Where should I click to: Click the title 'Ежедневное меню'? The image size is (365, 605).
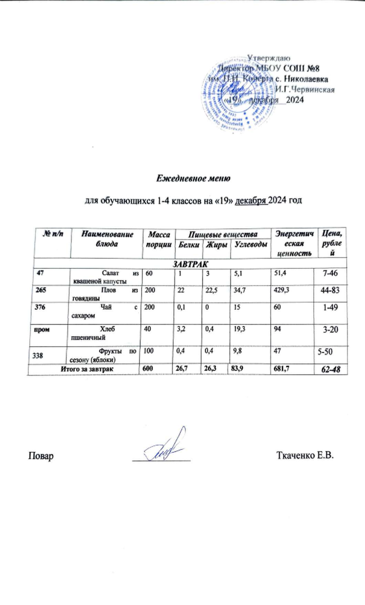tap(194, 178)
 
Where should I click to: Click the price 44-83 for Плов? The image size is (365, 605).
tap(330, 290)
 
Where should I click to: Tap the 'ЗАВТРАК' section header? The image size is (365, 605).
tap(190, 264)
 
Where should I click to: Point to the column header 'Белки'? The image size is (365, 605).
tap(189, 245)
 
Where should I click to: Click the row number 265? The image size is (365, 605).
tap(41, 290)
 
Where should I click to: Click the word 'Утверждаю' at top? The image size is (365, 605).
tap(269, 58)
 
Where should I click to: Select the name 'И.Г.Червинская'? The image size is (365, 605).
tap(305, 89)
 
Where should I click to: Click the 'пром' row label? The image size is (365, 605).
tap(41, 329)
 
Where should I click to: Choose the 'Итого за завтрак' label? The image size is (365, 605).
tap(87, 369)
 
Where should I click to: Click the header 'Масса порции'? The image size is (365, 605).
tap(159, 240)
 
